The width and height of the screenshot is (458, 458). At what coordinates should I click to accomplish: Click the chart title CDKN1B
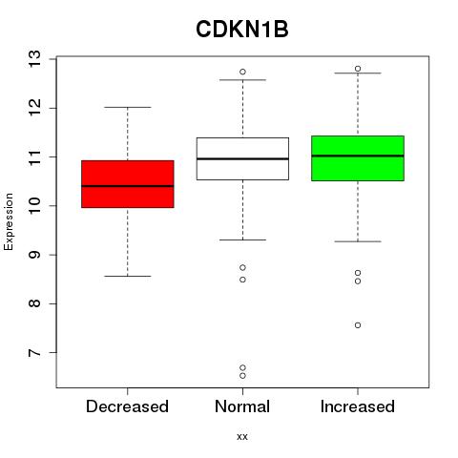[242, 30]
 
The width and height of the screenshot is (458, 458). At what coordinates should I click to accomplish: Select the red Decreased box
[128, 184]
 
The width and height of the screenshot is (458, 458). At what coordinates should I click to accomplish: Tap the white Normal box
[242, 158]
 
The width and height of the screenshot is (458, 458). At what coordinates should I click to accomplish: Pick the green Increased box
[358, 158]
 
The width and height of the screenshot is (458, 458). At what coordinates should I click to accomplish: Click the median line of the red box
[128, 186]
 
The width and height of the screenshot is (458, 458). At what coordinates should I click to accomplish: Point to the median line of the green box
[358, 156]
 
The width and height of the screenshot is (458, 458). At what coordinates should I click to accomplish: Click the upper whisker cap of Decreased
[128, 108]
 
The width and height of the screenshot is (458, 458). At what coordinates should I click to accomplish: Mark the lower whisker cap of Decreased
[128, 276]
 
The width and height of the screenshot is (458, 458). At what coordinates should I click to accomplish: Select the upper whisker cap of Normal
[242, 80]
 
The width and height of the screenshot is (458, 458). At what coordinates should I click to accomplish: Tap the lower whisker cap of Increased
[358, 241]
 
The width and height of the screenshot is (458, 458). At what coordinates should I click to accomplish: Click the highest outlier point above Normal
[242, 72]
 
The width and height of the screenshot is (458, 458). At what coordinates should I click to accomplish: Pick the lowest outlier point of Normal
[242, 376]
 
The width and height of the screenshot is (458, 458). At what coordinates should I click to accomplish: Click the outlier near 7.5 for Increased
[358, 325]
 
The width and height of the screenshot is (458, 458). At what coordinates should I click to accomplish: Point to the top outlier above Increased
[358, 69]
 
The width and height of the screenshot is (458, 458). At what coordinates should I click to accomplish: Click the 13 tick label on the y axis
[34, 59]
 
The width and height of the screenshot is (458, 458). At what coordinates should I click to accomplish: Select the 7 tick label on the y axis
[34, 353]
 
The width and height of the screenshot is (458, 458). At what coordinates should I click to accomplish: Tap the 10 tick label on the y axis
[34, 206]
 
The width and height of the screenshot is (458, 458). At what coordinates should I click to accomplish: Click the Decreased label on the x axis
[127, 406]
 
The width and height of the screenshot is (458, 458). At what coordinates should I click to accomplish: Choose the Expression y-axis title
[9, 221]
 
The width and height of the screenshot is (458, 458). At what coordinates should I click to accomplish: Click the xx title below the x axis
[242, 437]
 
